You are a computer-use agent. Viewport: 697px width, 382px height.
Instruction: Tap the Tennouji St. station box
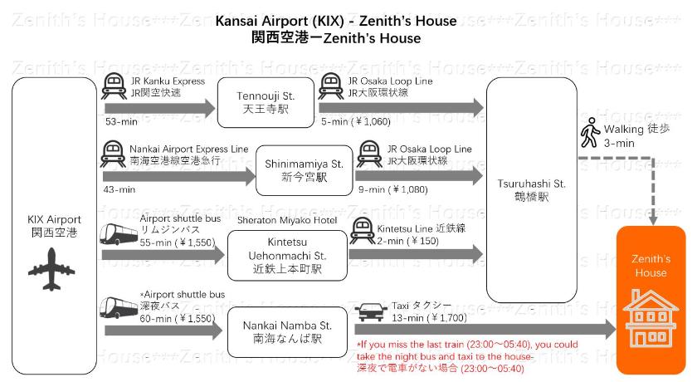pos(266,103)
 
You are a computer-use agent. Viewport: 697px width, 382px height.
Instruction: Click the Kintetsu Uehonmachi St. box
pos(288,254)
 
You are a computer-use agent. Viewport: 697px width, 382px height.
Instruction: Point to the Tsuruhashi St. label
pos(531,189)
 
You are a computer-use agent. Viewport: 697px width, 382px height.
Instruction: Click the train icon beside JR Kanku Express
pos(115,86)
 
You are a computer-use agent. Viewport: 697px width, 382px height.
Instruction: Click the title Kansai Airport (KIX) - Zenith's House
pos(335,21)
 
